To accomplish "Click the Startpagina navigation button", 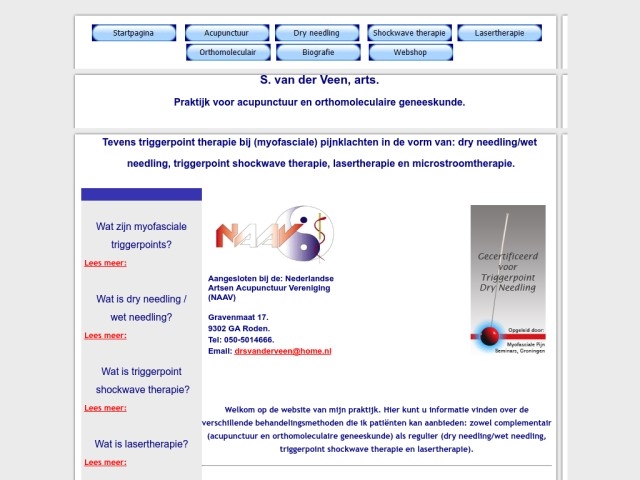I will point(133,33).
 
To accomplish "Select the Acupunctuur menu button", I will point(225,33).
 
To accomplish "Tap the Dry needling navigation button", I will point(317,33).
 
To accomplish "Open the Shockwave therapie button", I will point(408,33).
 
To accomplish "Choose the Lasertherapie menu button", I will point(499,33).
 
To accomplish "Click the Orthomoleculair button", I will point(227,51).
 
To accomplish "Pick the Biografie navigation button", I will point(317,51).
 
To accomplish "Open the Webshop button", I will point(408,51).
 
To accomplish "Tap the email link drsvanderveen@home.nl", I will point(283,352).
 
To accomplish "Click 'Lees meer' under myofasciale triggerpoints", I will point(105,263).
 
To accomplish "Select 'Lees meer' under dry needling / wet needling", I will point(105,336).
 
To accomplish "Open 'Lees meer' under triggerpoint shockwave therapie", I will point(105,408).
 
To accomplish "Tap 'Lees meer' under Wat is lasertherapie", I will point(105,462).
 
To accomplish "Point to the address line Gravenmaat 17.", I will point(238,316).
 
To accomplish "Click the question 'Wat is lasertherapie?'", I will point(141,444).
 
